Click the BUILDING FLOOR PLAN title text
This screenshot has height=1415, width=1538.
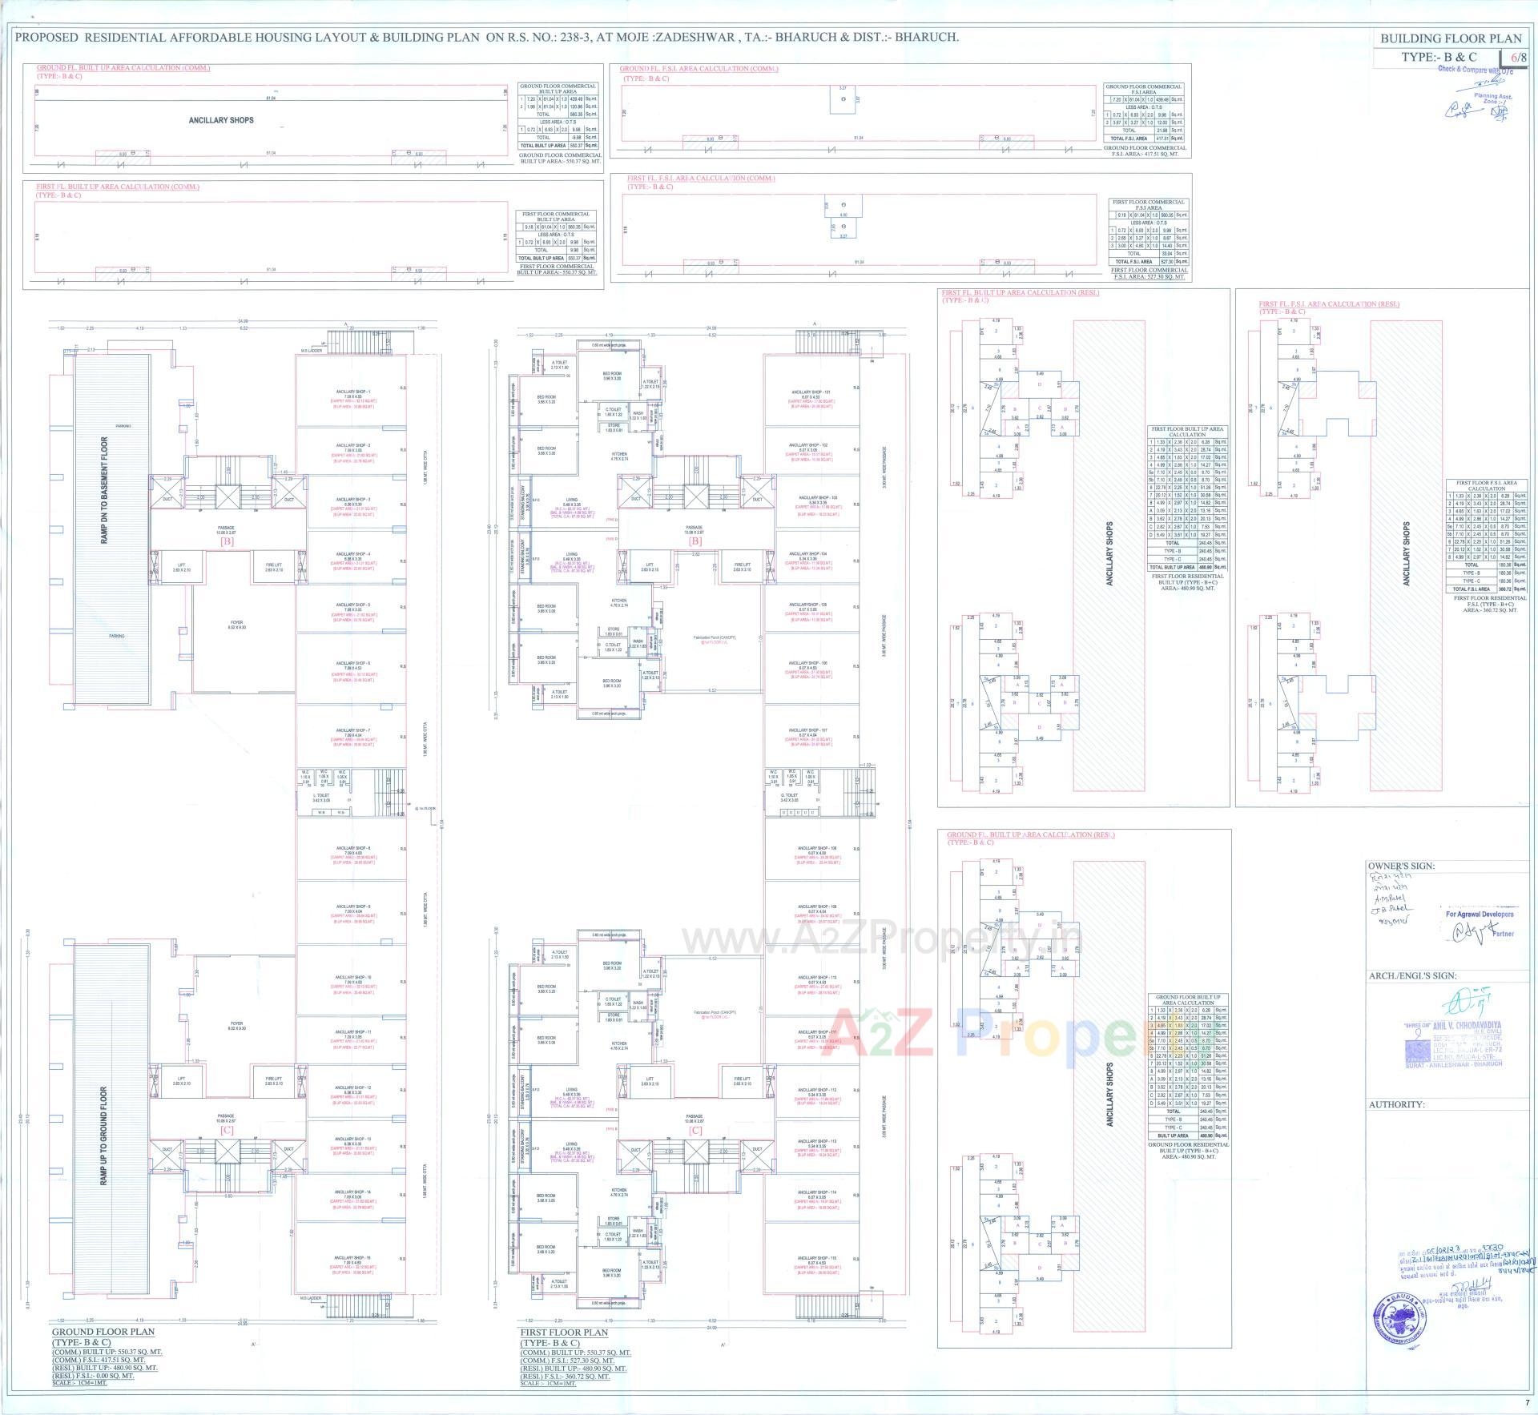1451,38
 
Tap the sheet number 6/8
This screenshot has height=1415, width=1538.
1518,57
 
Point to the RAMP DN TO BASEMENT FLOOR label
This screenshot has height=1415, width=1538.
104,490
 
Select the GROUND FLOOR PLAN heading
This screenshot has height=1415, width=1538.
103,1333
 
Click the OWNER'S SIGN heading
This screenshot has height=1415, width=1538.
1401,866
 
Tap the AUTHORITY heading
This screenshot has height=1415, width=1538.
1397,1104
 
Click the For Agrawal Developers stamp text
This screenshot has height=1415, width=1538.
1479,914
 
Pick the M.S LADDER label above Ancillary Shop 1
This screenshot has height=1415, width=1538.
311,350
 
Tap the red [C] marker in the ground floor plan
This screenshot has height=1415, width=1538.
227,1129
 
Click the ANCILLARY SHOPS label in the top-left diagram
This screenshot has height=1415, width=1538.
221,120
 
